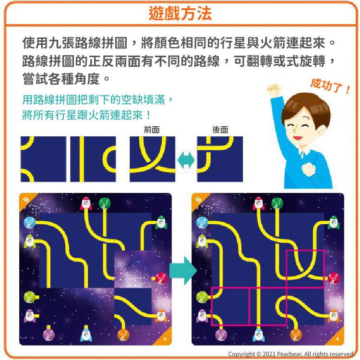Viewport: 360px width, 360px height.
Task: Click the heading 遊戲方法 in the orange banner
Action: pyautogui.click(x=180, y=13)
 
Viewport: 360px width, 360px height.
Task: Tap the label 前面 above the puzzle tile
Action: pyautogui.click(x=152, y=130)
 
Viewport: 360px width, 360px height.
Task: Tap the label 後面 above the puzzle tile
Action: pyautogui.click(x=220, y=130)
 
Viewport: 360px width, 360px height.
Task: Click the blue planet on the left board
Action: pyautogui.click(x=30, y=222)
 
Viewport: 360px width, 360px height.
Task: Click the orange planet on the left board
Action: pyautogui.click(x=123, y=334)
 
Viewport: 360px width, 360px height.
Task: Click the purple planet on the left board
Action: pyautogui.click(x=48, y=334)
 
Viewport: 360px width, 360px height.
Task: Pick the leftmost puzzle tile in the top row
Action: pyautogui.click(x=43, y=159)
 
